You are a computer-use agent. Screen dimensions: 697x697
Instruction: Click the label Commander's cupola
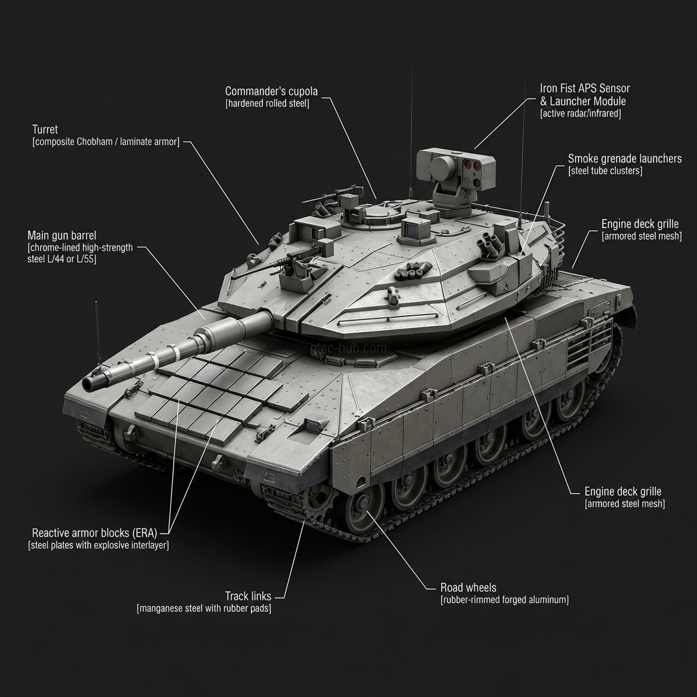pyautogui.click(x=271, y=91)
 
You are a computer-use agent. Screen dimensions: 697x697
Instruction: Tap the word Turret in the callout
pyautogui.click(x=45, y=129)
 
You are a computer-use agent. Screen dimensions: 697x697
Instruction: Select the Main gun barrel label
pyautogui.click(x=62, y=235)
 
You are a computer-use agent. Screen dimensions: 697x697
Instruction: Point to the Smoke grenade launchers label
pyautogui.click(x=625, y=159)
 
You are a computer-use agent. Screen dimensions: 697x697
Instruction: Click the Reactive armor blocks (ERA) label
pyautogui.click(x=95, y=532)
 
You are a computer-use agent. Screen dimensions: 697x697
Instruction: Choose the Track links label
pyautogui.click(x=248, y=596)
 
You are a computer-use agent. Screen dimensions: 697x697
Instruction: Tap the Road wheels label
pyautogui.click(x=468, y=587)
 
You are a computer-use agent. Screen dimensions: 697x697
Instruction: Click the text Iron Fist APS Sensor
pyautogui.click(x=585, y=88)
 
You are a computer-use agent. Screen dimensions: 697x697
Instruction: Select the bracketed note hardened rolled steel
pyautogui.click(x=267, y=103)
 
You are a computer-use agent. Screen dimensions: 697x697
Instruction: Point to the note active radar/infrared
pyautogui.click(x=581, y=114)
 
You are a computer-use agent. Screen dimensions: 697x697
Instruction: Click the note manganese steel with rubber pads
pyautogui.click(x=204, y=608)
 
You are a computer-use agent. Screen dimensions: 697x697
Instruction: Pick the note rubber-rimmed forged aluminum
pyautogui.click(x=504, y=600)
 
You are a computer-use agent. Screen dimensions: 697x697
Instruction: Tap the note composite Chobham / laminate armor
pyautogui.click(x=106, y=142)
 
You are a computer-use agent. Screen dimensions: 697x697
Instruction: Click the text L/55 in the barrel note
pyautogui.click(x=86, y=259)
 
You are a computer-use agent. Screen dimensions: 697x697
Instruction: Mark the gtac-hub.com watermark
pyautogui.click(x=348, y=348)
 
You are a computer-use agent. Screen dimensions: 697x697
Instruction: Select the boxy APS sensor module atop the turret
pyautogui.click(x=456, y=169)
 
